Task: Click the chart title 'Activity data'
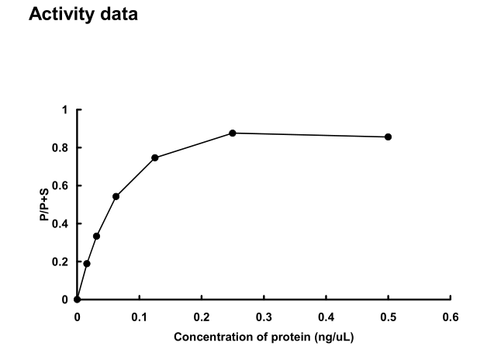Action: click(x=83, y=14)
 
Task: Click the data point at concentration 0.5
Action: click(x=388, y=137)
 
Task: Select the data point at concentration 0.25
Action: click(x=232, y=133)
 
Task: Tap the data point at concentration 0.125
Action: click(x=155, y=157)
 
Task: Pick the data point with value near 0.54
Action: click(x=116, y=196)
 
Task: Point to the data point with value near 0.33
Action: click(x=96, y=236)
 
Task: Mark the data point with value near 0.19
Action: click(x=87, y=263)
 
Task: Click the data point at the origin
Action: click(x=77, y=299)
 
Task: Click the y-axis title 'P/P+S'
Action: click(x=46, y=205)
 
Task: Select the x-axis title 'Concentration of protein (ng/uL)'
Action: click(x=264, y=337)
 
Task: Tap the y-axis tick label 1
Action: click(x=65, y=110)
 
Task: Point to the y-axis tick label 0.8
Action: click(x=61, y=148)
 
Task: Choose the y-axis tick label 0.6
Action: click(x=61, y=186)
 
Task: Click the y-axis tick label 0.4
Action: click(x=61, y=224)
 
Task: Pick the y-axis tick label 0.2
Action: click(x=61, y=262)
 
